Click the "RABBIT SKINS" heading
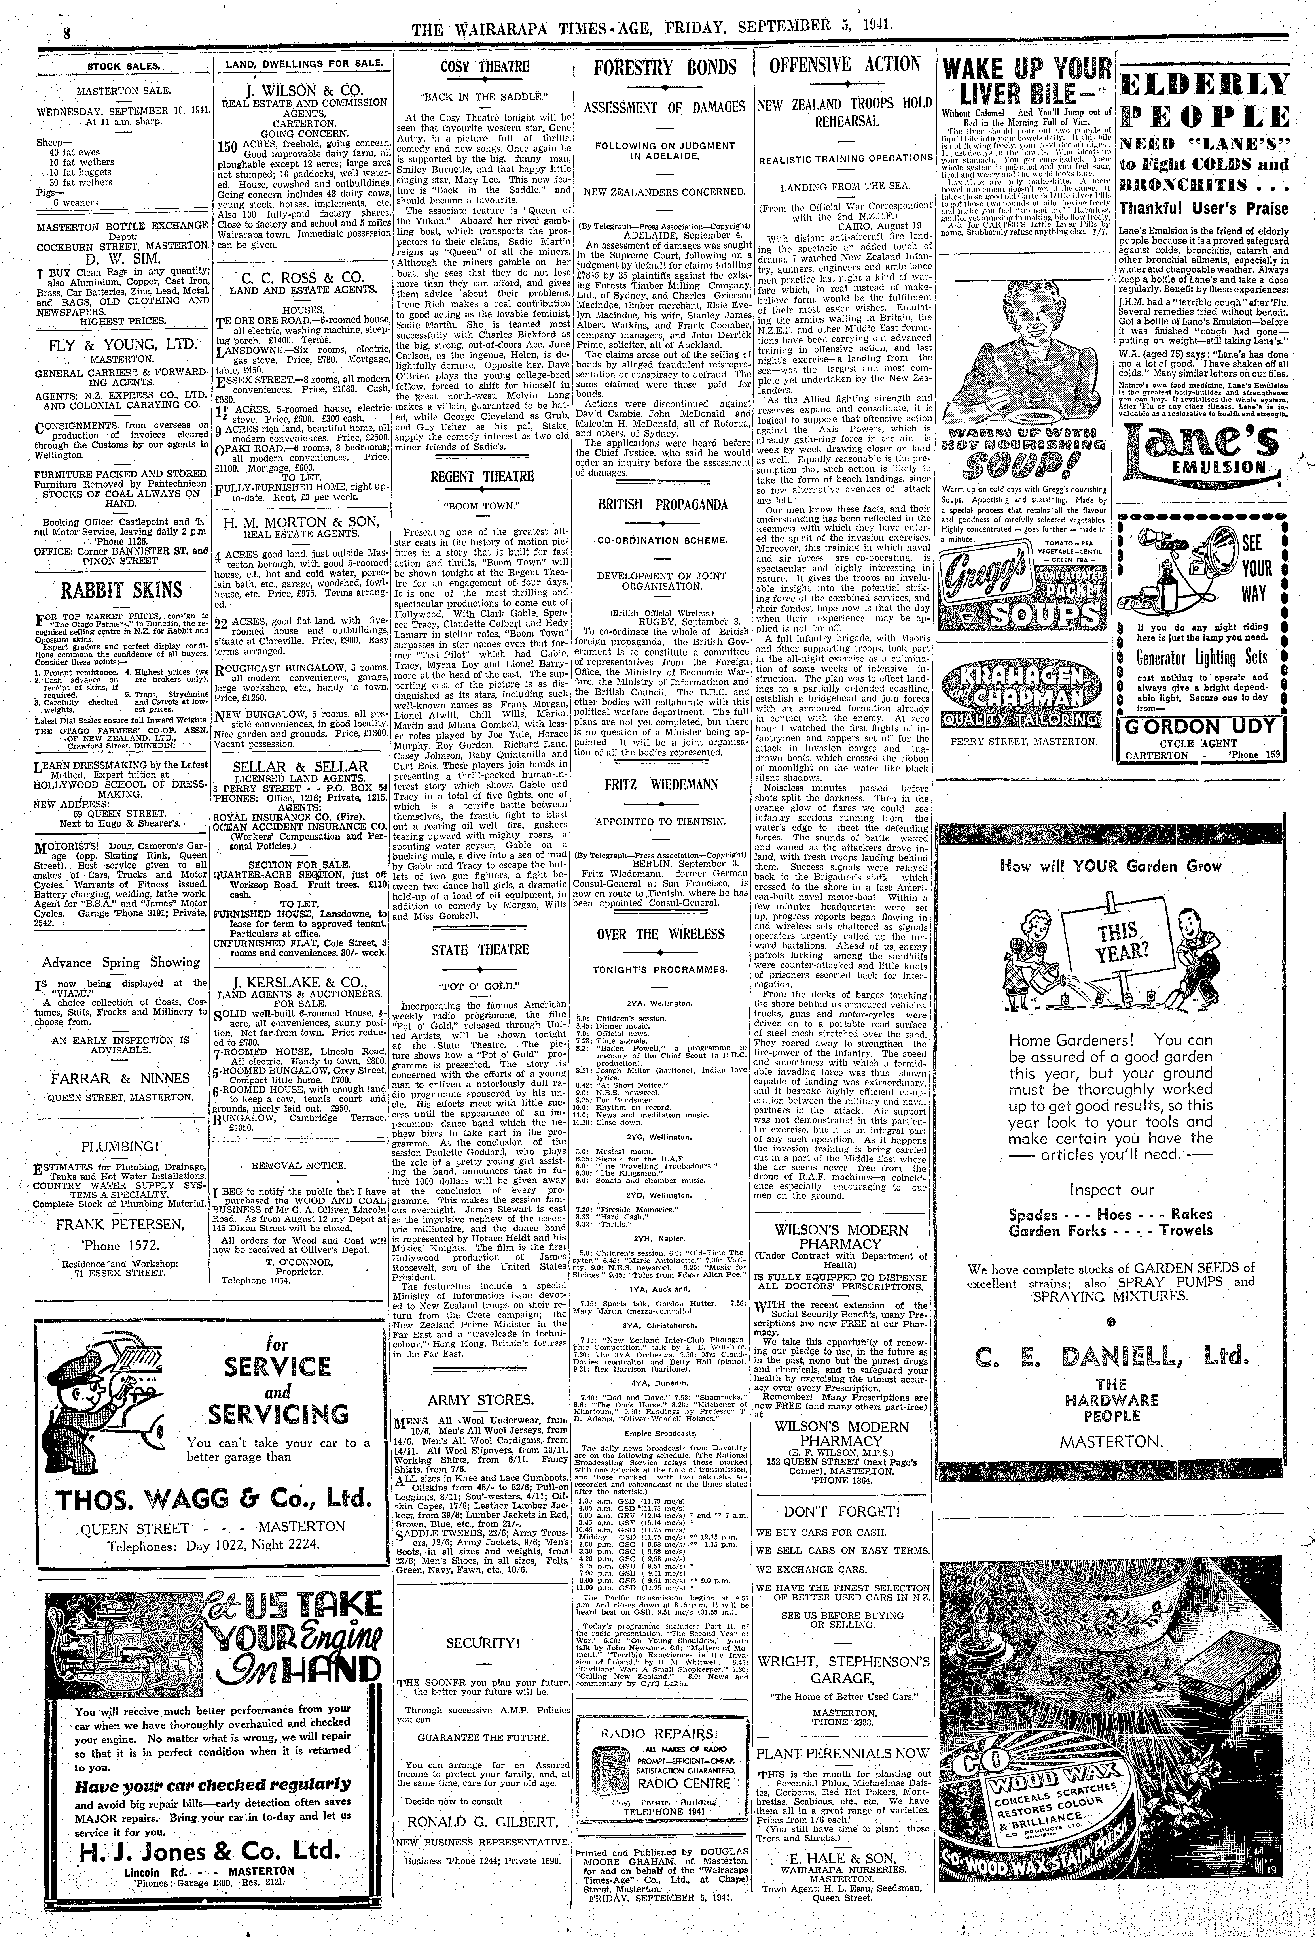point(121,590)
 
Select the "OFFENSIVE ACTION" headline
point(844,65)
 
